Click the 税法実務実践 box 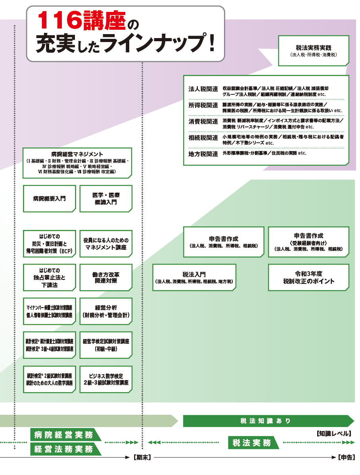(313, 50)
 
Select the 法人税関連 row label (203, 89)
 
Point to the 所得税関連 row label (203, 105)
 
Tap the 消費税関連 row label (203, 121)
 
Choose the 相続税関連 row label (203, 138)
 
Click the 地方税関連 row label (203, 153)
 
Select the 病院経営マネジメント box (77, 163)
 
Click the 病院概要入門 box (50, 198)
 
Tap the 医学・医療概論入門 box (105, 198)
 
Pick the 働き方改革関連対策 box (105, 277)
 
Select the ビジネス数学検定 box (105, 379)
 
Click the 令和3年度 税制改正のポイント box (308, 277)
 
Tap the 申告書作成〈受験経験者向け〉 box (308, 242)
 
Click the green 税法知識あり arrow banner (266, 421)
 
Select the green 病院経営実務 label (63, 435)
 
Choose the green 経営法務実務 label (63, 449)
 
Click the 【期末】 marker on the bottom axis (142, 457)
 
